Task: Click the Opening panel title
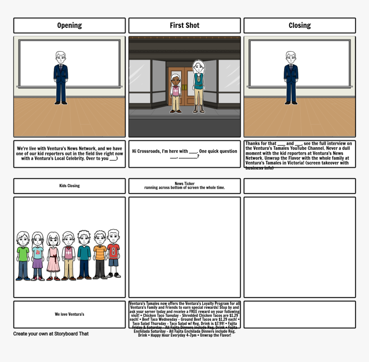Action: (x=70, y=25)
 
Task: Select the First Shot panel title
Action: (x=184, y=25)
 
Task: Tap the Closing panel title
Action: (x=299, y=25)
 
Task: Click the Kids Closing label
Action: (x=70, y=186)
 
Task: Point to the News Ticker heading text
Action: (x=184, y=183)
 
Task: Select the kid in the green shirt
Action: (x=23, y=256)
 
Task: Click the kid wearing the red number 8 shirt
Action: (x=113, y=254)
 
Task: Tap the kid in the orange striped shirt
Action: (x=100, y=255)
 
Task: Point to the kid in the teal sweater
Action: (x=84, y=255)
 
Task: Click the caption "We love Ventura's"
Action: (x=70, y=314)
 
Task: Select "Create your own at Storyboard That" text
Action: (x=51, y=334)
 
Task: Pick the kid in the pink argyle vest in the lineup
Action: (x=69, y=256)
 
